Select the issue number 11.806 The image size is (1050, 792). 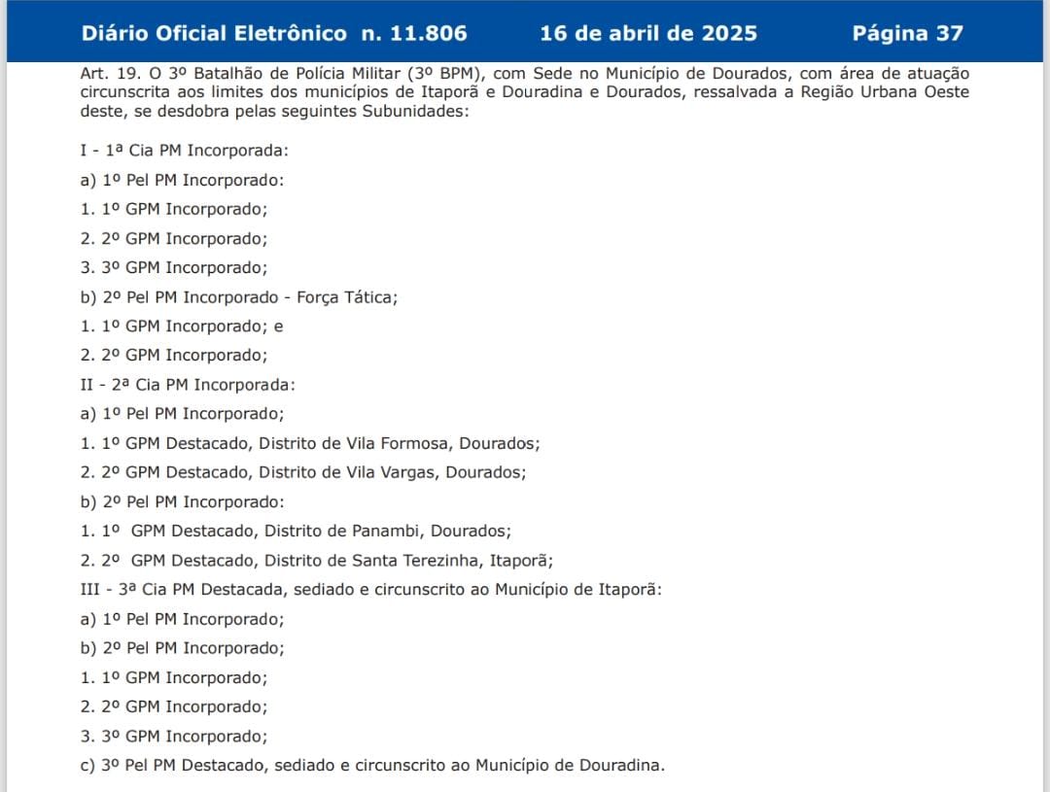pos(429,33)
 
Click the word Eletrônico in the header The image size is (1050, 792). pos(290,33)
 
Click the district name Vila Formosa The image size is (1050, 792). pos(398,443)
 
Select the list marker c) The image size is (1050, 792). pos(88,766)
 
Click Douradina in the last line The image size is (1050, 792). pos(621,766)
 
